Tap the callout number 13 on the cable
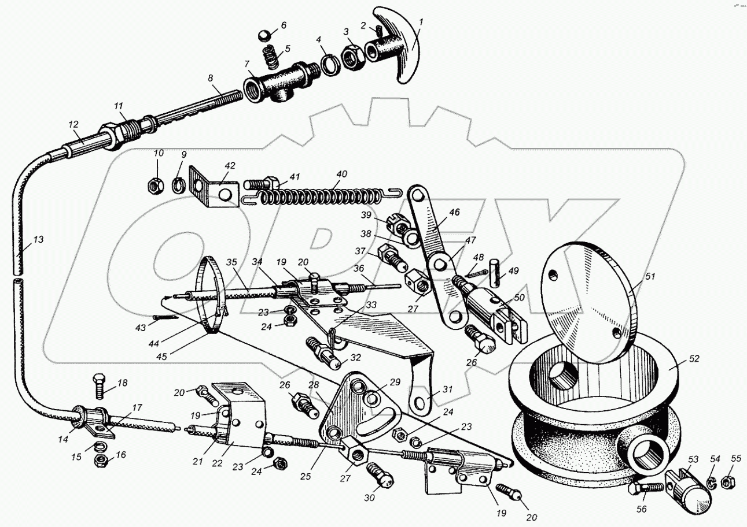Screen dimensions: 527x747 coord(39,239)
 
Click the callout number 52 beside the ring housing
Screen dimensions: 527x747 coord(694,359)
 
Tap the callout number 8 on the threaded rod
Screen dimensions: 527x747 coord(210,78)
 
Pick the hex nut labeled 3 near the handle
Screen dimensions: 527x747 coord(351,57)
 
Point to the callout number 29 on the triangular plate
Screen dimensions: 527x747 coord(395,383)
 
